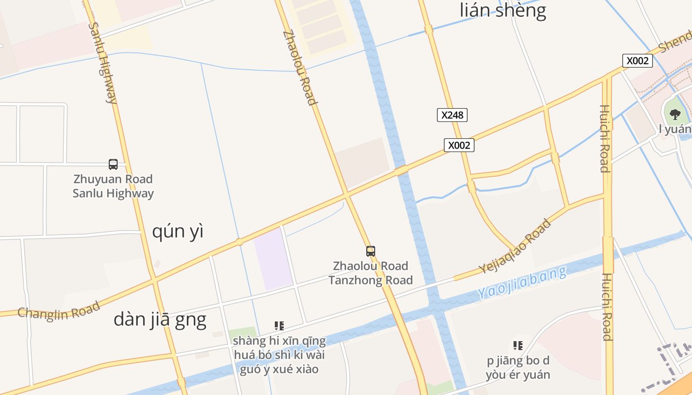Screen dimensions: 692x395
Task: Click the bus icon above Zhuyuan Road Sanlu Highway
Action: coord(113,164)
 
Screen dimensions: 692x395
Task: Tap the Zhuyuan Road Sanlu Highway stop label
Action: coord(113,186)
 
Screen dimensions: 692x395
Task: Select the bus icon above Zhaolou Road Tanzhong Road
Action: coord(371,251)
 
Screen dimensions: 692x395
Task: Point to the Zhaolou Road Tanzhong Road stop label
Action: coord(371,273)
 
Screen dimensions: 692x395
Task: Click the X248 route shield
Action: coord(452,115)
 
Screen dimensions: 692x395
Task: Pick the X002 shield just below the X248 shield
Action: coord(459,145)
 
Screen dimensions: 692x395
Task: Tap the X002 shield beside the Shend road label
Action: coord(637,61)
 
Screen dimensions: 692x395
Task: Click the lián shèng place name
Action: coord(503,10)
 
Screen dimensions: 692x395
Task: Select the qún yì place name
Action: coord(177,231)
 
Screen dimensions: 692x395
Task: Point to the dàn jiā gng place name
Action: coord(160,320)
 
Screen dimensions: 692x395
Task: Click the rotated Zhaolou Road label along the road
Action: coord(299,68)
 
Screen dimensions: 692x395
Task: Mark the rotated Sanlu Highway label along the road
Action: coord(103,62)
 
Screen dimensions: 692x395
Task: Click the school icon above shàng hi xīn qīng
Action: coord(279,326)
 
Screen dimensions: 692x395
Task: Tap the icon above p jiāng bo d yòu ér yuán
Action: coord(518,346)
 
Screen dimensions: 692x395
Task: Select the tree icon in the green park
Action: coord(674,115)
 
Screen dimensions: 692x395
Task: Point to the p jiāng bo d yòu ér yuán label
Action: coord(518,367)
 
